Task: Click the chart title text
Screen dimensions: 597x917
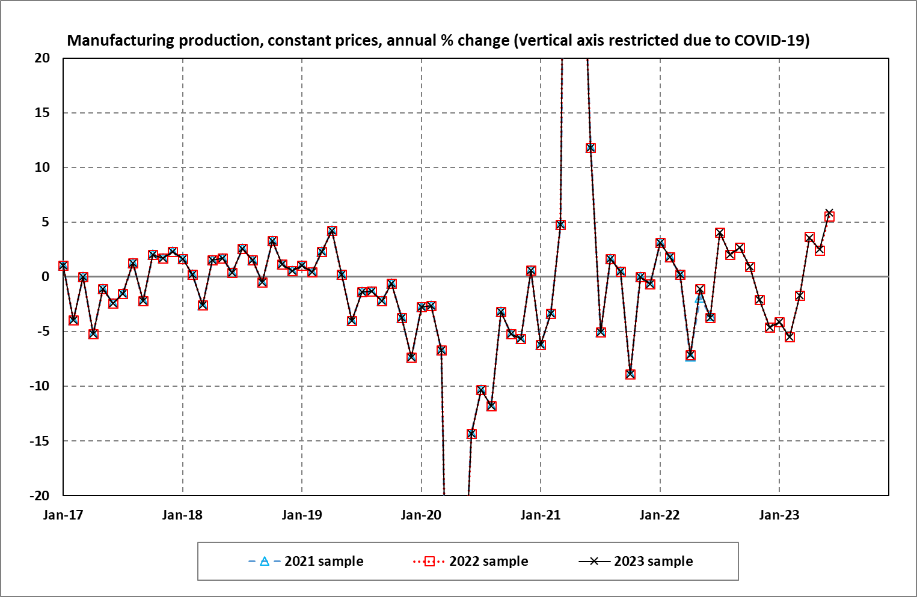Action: click(x=438, y=40)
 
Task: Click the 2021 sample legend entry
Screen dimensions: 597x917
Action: click(x=306, y=562)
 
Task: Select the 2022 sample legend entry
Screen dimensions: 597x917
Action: click(x=471, y=562)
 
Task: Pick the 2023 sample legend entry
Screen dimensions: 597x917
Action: click(x=636, y=562)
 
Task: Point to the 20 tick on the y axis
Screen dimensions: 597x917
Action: click(x=42, y=58)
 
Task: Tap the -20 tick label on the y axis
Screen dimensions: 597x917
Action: click(x=40, y=495)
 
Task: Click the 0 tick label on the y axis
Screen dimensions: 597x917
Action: click(x=46, y=277)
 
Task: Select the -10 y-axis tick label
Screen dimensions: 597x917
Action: click(x=40, y=386)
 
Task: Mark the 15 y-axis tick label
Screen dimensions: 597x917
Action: click(x=42, y=113)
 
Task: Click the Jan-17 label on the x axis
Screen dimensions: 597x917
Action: click(x=63, y=515)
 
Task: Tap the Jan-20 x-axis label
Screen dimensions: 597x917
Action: click(x=421, y=515)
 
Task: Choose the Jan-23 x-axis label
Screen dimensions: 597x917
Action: click(x=779, y=515)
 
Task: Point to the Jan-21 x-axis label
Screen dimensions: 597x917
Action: click(x=541, y=515)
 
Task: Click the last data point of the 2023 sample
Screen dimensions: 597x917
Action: click(x=829, y=214)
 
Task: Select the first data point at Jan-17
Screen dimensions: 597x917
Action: click(x=63, y=265)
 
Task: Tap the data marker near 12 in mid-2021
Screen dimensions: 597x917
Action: click(x=590, y=148)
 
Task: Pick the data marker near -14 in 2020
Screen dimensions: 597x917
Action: click(x=471, y=434)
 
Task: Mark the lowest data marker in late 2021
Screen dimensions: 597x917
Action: click(x=630, y=374)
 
